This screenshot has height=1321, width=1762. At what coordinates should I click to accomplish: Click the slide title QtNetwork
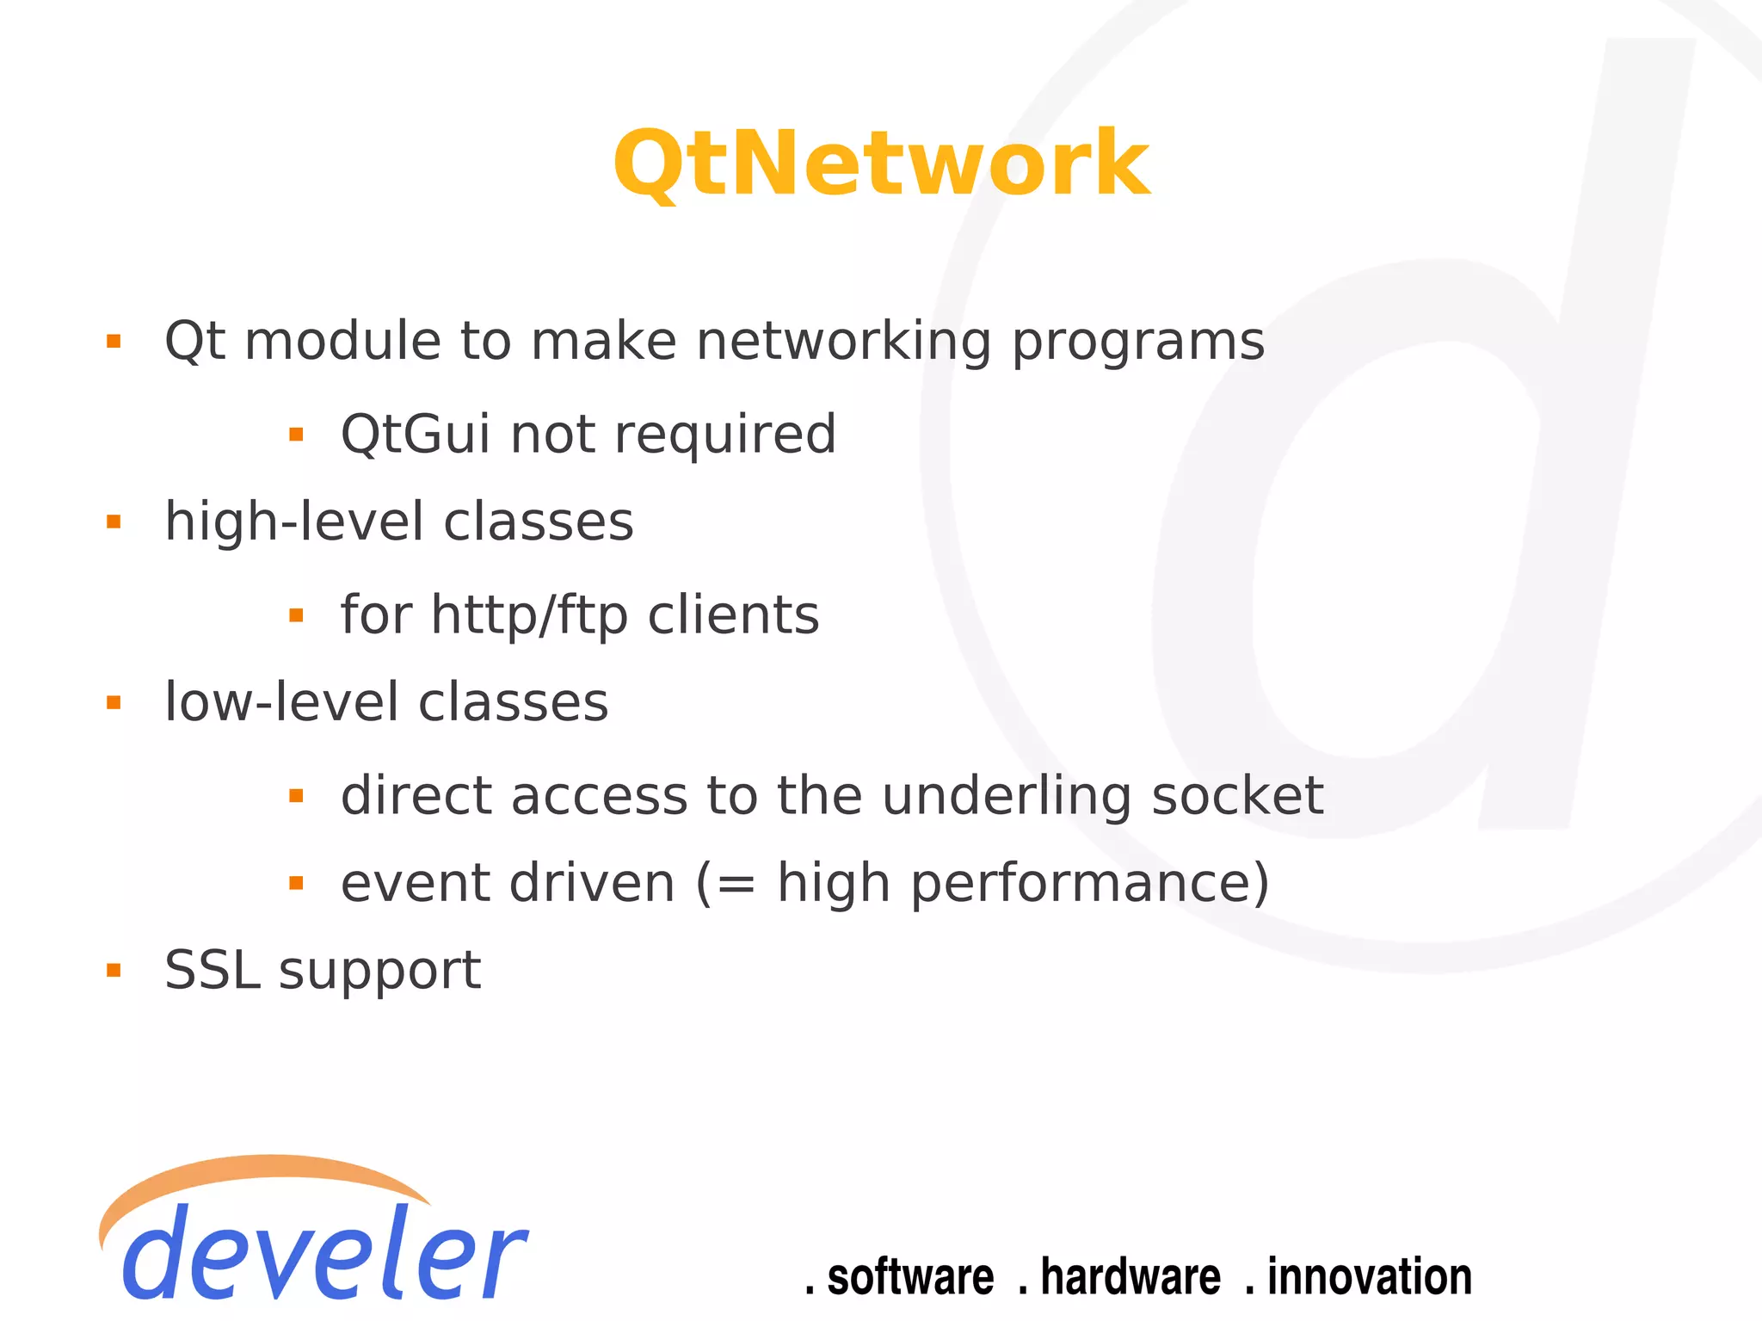point(881,164)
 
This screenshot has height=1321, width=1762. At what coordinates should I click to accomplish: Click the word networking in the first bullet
point(843,343)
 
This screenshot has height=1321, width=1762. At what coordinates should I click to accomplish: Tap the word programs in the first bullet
point(1137,343)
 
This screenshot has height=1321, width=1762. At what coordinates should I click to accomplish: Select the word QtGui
point(416,435)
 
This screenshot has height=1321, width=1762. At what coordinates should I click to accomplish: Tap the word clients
point(733,616)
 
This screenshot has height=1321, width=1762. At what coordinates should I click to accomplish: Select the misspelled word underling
point(1007,796)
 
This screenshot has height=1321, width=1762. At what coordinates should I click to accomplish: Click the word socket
point(1236,796)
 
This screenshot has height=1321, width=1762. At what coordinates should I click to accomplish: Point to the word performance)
point(1089,885)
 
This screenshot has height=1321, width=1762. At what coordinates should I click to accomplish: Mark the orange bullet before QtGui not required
point(296,435)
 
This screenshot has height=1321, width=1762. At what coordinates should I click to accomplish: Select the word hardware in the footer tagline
point(1130,1277)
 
